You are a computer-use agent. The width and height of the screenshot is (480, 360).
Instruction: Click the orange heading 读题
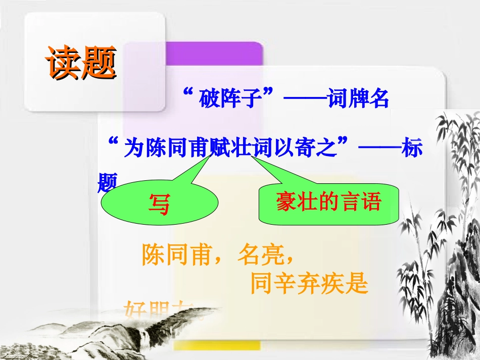(x=80, y=64)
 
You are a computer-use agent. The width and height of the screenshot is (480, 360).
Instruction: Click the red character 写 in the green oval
(x=159, y=204)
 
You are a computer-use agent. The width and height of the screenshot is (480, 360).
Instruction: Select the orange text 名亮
(x=259, y=256)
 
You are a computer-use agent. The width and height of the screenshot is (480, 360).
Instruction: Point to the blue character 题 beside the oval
(x=107, y=183)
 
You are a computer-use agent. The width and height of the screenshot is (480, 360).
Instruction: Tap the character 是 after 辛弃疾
(x=357, y=284)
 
